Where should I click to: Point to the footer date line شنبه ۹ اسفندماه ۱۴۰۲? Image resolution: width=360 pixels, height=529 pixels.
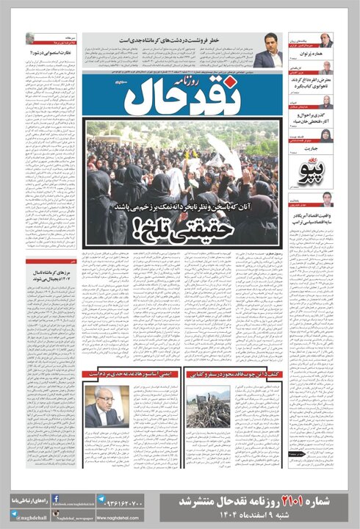tap(267, 516)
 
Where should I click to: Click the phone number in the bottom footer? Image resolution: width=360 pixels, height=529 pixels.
tap(127, 505)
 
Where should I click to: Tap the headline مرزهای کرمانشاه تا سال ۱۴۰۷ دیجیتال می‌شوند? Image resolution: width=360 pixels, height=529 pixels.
tap(50, 277)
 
